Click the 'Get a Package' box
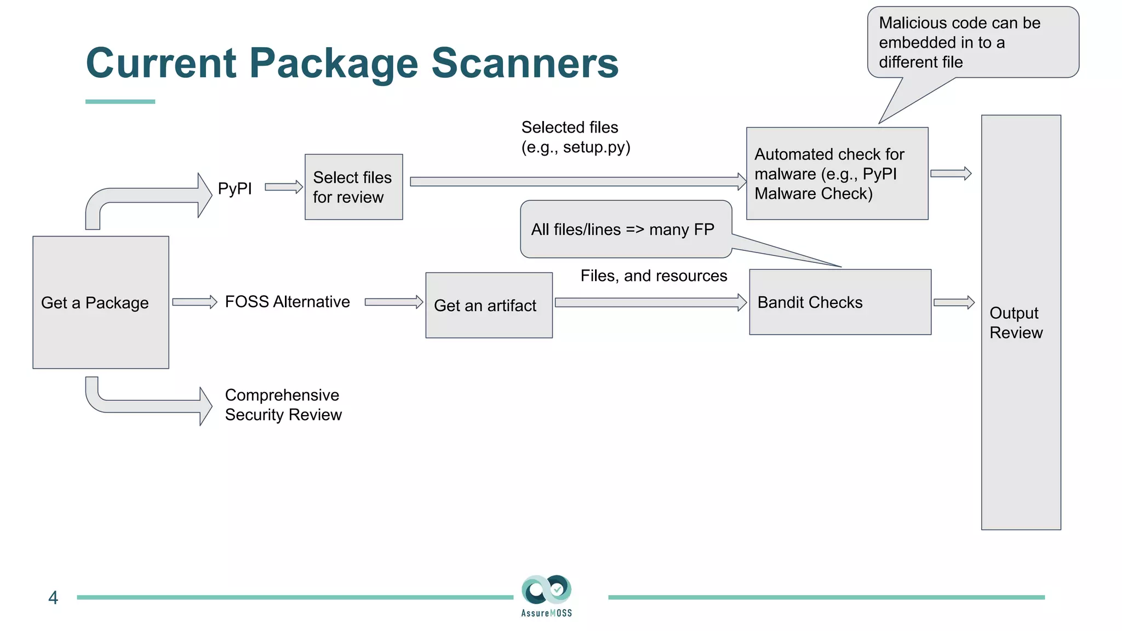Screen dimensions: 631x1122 click(100, 302)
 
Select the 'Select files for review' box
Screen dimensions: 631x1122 click(353, 187)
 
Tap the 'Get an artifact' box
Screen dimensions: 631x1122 click(489, 305)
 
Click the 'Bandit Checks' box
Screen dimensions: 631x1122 click(840, 302)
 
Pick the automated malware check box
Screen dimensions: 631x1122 click(837, 174)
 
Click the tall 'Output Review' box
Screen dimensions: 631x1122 click(1021, 322)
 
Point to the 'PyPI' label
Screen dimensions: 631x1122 click(234, 188)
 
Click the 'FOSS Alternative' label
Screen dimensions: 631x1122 click(287, 302)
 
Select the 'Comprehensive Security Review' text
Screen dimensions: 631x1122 click(283, 405)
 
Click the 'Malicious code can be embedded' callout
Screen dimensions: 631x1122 click(972, 42)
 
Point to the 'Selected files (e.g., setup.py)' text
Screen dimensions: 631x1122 click(575, 137)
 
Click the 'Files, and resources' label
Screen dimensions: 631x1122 click(654, 276)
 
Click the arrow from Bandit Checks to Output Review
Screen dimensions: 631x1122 click(954, 302)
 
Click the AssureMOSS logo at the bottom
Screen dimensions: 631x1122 click(546, 596)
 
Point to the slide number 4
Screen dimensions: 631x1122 click(53, 598)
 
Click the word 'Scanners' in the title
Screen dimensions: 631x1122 click(525, 63)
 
